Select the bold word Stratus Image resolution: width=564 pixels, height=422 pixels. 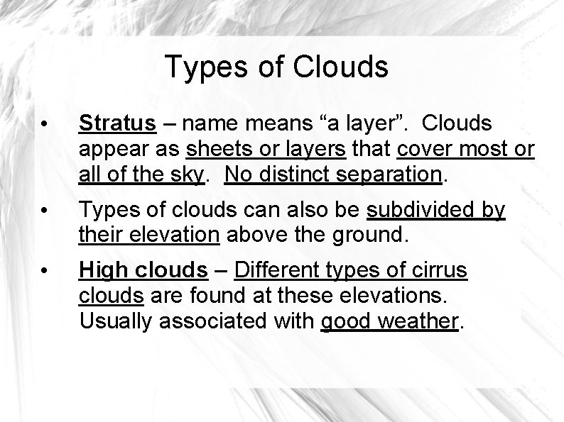pyautogui.click(x=118, y=123)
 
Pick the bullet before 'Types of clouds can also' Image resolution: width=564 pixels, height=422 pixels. pyautogui.click(x=44, y=211)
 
